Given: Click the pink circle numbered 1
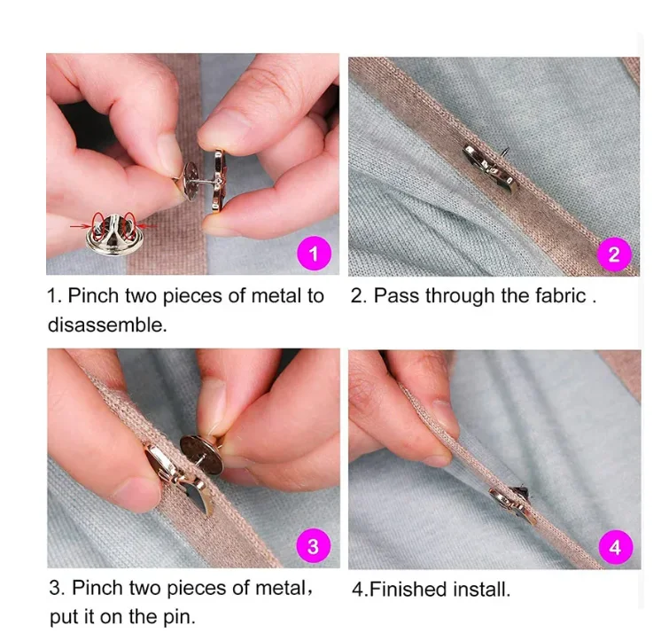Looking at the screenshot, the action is point(314,253).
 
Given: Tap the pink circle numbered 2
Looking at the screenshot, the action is point(614,254).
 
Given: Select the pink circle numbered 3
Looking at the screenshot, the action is point(314,546).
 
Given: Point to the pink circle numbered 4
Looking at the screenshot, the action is point(615,547).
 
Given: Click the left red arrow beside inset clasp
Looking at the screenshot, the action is point(81,225).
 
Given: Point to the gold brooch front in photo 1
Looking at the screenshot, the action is point(219,181).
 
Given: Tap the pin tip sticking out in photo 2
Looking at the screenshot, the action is point(506,151).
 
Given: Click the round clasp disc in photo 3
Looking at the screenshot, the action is point(201,455).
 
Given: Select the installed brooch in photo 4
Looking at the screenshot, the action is point(513,504).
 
